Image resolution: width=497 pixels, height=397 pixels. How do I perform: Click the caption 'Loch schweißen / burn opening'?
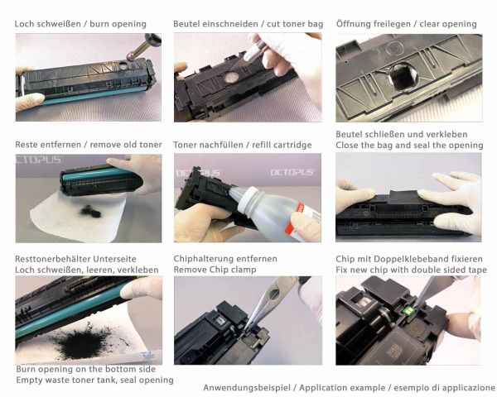click(x=80, y=24)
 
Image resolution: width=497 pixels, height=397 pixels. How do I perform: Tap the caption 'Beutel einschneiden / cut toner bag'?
click(x=248, y=24)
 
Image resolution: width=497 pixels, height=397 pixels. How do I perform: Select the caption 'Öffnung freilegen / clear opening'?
click(x=407, y=24)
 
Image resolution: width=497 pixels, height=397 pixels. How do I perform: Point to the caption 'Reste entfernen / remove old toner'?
click(x=89, y=145)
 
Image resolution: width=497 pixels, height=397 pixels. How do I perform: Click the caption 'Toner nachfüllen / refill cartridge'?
click(x=243, y=145)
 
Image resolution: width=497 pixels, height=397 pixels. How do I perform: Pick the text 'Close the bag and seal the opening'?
click(x=409, y=146)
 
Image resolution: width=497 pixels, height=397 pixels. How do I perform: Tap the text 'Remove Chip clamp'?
click(x=215, y=270)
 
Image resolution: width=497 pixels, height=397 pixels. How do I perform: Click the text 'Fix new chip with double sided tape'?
click(x=411, y=270)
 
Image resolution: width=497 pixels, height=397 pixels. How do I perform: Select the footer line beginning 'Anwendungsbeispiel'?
click(x=350, y=388)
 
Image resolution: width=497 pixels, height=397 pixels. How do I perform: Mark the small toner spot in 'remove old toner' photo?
click(x=90, y=212)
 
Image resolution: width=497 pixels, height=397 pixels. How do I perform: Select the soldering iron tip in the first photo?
click(x=131, y=56)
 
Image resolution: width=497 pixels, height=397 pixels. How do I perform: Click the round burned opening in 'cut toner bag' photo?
click(x=231, y=77)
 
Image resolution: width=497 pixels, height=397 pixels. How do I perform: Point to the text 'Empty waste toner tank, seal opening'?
click(x=94, y=380)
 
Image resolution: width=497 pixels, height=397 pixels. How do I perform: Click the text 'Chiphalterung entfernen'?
click(x=225, y=259)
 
